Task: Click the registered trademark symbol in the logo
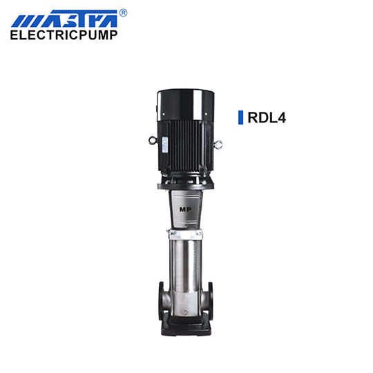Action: pyautogui.click(x=123, y=13)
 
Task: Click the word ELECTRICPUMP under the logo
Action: pyautogui.click(x=64, y=35)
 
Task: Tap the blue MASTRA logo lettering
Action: pyautogui.click(x=64, y=19)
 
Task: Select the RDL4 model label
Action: pyautogui.click(x=267, y=117)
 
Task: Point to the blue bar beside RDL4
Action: pyautogui.click(x=241, y=117)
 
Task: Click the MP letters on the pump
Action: pyautogui.click(x=185, y=209)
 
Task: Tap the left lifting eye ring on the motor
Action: pyautogui.click(x=153, y=140)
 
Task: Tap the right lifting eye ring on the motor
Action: pyautogui.click(x=218, y=144)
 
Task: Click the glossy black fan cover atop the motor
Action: pyautogui.click(x=186, y=105)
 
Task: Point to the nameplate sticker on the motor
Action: pyautogui.click(x=165, y=144)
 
